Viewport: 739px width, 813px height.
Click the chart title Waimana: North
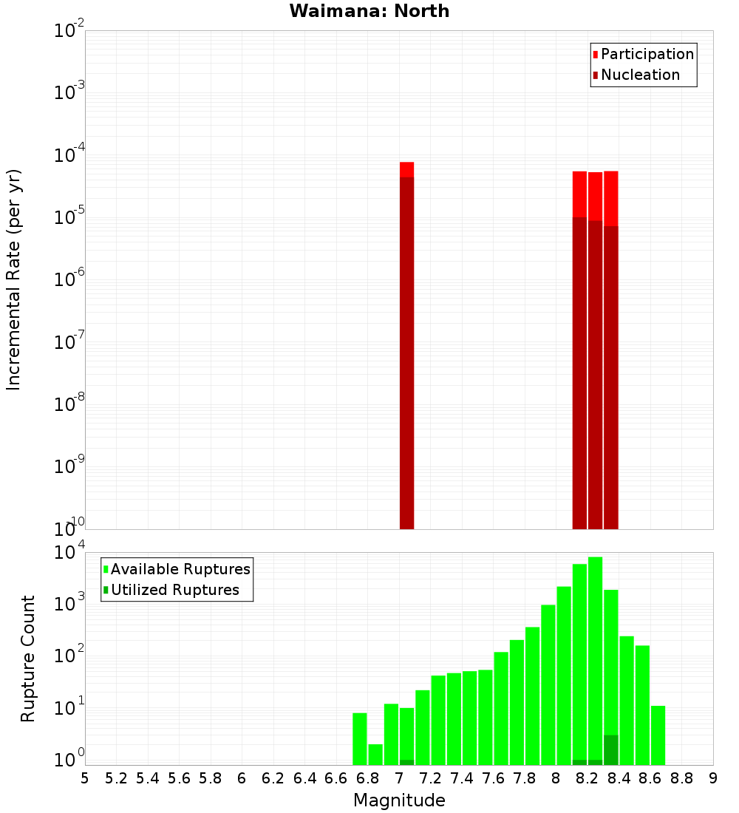point(369,11)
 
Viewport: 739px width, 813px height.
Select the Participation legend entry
point(643,54)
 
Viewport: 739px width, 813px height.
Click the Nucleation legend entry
point(636,75)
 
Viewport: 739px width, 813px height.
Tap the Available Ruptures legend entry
point(177,569)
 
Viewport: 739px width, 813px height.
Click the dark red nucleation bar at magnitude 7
point(406,355)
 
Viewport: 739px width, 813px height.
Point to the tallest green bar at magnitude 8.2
point(595,658)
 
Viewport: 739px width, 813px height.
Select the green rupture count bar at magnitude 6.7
point(359,739)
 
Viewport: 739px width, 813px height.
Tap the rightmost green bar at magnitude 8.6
point(658,735)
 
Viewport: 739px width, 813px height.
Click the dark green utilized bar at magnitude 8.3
point(610,749)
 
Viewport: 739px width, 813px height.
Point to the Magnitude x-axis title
point(399,800)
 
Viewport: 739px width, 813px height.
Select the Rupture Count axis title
point(27,658)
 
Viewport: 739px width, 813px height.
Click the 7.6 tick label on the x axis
point(493,778)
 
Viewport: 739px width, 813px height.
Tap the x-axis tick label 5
point(85,778)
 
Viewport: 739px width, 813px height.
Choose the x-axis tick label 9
point(713,778)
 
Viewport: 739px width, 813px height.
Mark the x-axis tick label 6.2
point(273,778)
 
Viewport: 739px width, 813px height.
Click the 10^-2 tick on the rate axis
point(69,32)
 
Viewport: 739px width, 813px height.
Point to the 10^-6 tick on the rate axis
point(69,280)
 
